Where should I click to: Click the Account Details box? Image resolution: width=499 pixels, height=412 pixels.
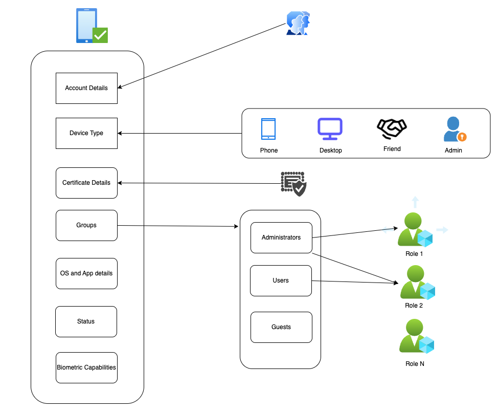click(x=86, y=88)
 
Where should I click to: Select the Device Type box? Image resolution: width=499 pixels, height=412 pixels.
click(x=86, y=133)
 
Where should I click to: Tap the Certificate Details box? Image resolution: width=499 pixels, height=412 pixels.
click(x=86, y=183)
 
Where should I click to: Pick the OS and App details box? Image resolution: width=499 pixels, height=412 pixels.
click(x=86, y=273)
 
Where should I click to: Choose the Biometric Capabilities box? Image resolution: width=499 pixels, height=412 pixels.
click(x=86, y=367)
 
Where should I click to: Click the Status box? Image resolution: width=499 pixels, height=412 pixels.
click(x=86, y=321)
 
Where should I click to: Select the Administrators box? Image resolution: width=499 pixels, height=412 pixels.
click(x=281, y=237)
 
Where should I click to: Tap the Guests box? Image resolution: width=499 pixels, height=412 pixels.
click(x=281, y=327)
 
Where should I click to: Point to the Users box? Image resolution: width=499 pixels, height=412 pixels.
click(x=281, y=280)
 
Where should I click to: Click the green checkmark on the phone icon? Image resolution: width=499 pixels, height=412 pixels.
click(x=100, y=35)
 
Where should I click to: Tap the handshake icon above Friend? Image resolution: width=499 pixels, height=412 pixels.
click(x=392, y=129)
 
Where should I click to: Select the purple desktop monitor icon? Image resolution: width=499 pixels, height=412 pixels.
click(x=330, y=129)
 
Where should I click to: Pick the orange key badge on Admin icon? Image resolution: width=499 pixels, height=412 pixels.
click(x=462, y=137)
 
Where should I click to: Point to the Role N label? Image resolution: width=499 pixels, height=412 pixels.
click(x=414, y=364)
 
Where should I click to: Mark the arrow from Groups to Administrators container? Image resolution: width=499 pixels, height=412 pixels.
click(x=179, y=226)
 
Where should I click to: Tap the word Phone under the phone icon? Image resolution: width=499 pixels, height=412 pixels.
click(x=269, y=150)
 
